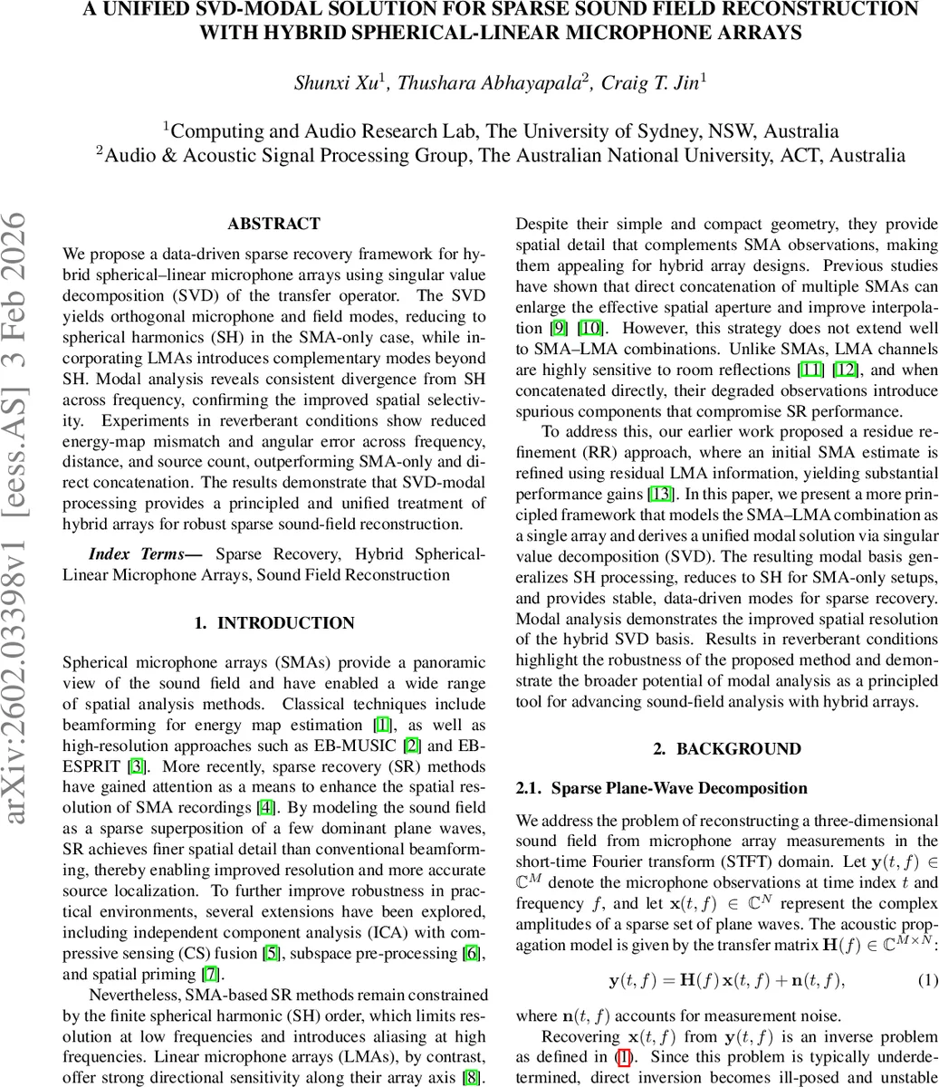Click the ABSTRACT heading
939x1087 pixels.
click(273, 224)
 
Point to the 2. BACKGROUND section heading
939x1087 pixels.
click(727, 749)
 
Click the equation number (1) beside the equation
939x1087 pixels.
click(928, 980)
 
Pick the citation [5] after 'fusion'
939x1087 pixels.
click(271, 954)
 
